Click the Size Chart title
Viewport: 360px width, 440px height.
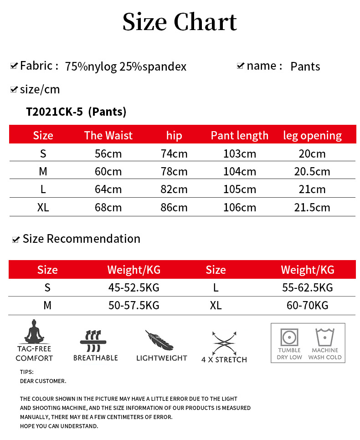(x=180, y=22)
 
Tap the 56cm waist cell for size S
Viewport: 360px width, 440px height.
(x=108, y=153)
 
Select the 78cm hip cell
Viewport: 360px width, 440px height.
(x=174, y=172)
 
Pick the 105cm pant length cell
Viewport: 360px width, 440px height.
(x=240, y=189)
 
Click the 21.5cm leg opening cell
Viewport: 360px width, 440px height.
(x=312, y=207)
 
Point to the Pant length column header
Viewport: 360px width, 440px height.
(x=240, y=135)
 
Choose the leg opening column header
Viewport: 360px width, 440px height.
(x=312, y=135)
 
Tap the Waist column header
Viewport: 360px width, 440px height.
(x=108, y=135)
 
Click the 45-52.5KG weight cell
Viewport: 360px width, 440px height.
(x=134, y=287)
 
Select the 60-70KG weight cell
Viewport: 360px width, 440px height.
(x=308, y=305)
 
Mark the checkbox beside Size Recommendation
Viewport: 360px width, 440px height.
(x=16, y=240)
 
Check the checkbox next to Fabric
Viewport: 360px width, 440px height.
(x=14, y=66)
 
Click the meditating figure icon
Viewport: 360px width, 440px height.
(x=33, y=331)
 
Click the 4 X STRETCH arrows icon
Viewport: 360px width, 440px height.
(x=224, y=343)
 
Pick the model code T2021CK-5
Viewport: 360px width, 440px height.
(x=54, y=112)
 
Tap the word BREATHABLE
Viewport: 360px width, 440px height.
(x=96, y=358)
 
